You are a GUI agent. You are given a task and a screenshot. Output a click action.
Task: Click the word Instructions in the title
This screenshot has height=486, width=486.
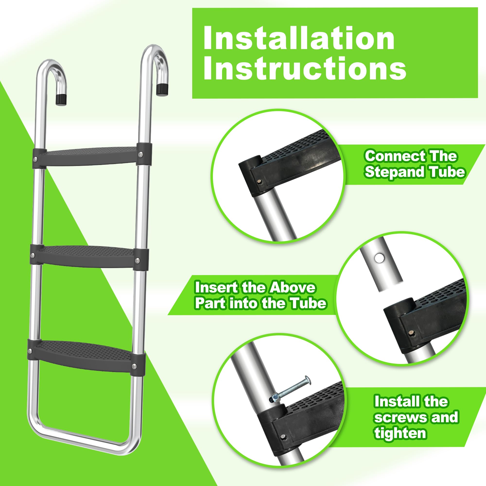(x=304, y=68)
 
